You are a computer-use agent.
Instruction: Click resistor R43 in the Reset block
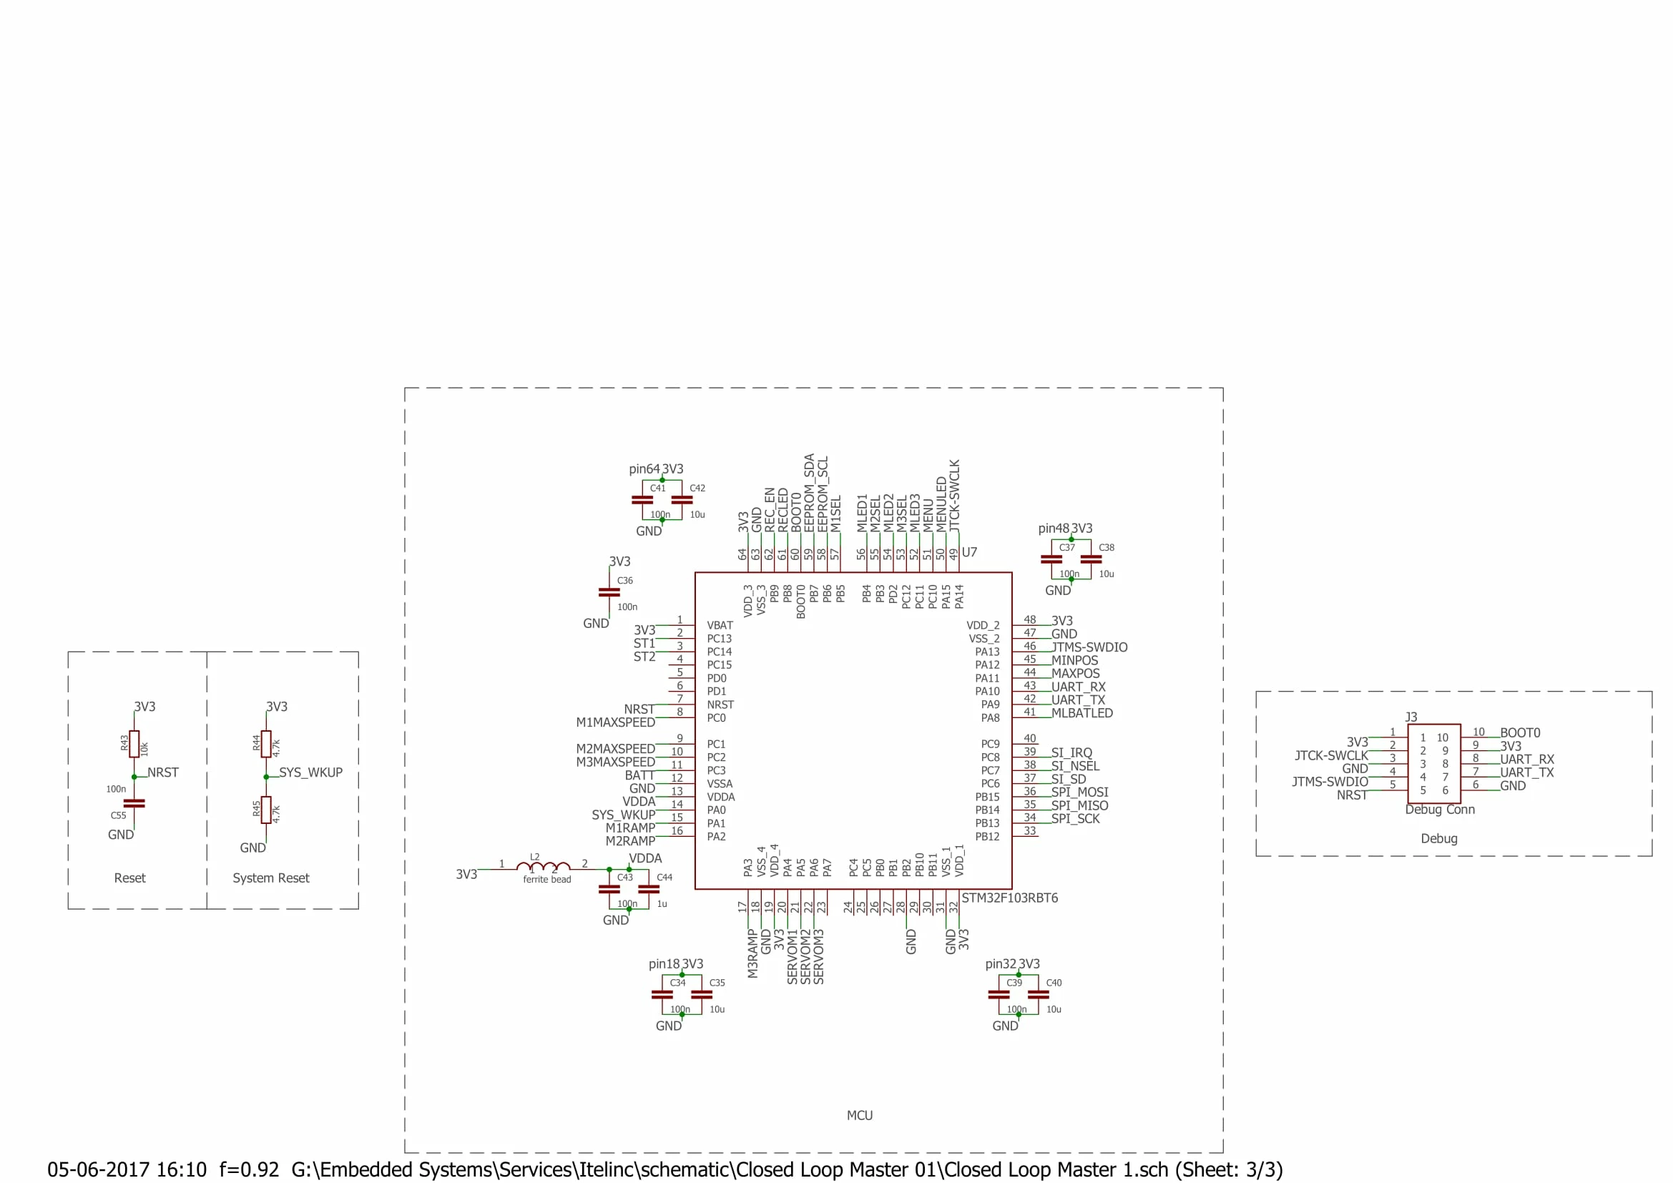click(134, 744)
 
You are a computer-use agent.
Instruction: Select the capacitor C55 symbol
click(134, 803)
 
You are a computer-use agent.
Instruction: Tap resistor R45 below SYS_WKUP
click(266, 810)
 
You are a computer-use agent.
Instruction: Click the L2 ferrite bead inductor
click(543, 867)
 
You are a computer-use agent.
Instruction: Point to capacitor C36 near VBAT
click(609, 593)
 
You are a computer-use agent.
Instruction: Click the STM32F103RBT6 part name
click(1009, 898)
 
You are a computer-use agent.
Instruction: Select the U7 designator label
click(969, 552)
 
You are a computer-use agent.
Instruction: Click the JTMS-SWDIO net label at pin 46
click(1089, 647)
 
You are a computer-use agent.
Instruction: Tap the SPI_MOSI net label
click(1079, 792)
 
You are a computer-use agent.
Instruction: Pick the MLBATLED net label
click(1081, 713)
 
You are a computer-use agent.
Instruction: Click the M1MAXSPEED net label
click(616, 722)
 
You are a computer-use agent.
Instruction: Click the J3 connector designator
click(1410, 717)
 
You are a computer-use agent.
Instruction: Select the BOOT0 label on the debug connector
click(1520, 733)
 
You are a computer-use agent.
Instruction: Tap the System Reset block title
click(271, 878)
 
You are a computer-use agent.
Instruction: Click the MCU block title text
click(860, 1115)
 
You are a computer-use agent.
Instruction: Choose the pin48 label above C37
click(1054, 528)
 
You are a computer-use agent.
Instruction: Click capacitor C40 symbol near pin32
click(1038, 994)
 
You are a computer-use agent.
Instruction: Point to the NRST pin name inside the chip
click(720, 705)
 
